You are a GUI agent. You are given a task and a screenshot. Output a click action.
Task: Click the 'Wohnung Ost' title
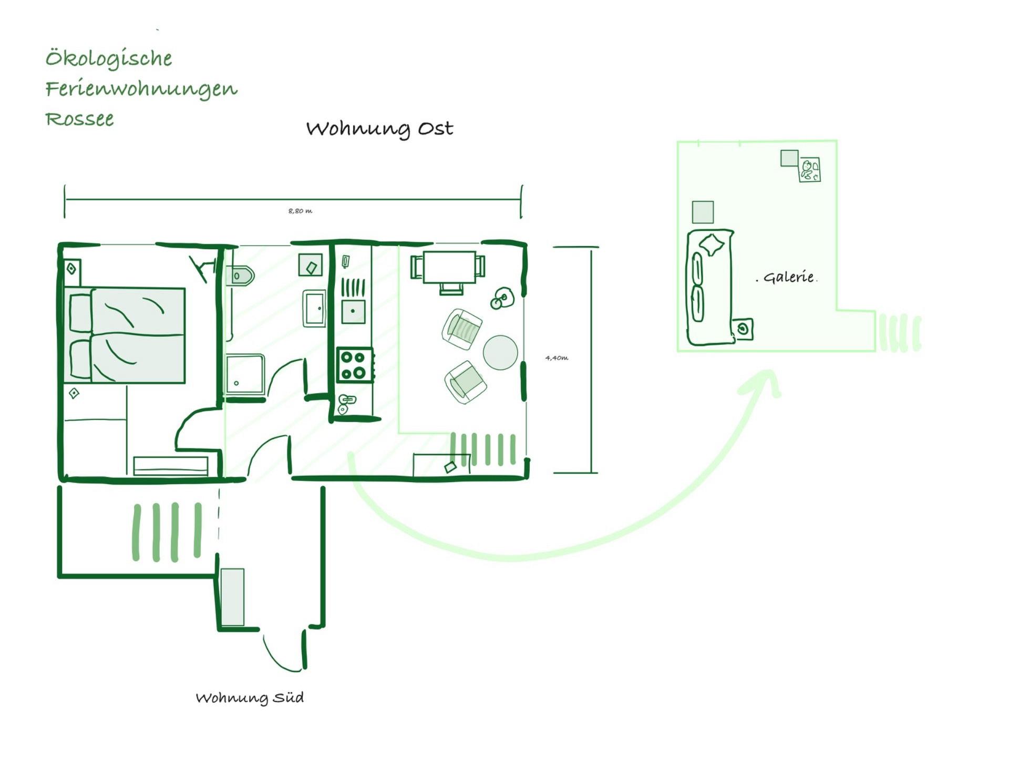(379, 128)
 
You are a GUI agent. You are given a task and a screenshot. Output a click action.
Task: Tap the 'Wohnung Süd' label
(250, 698)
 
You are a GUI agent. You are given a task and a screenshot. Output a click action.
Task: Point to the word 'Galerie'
(788, 277)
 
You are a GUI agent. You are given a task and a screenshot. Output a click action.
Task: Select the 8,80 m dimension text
(300, 211)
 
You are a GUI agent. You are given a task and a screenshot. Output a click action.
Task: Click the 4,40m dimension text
(557, 358)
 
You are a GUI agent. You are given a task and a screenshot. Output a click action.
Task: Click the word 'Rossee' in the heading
(79, 119)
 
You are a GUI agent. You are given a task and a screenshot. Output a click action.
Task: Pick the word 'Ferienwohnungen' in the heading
(141, 89)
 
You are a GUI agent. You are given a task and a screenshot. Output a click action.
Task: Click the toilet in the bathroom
(240, 275)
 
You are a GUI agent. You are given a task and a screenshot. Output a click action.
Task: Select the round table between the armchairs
(500, 353)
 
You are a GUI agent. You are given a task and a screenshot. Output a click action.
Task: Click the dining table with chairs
(448, 271)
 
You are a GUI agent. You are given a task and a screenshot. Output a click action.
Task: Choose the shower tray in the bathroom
(245, 375)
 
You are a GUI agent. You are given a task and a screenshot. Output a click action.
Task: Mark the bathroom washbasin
(314, 308)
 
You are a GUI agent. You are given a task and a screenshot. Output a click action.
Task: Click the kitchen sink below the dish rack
(353, 311)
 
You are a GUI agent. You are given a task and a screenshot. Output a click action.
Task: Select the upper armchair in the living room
(462, 329)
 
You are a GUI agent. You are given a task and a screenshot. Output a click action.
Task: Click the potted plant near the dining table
(502, 298)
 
